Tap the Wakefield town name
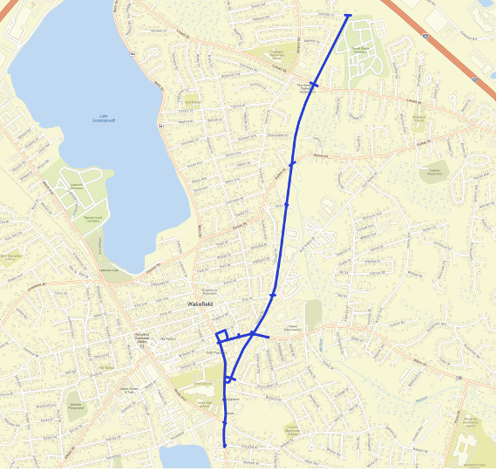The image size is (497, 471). [x=201, y=304]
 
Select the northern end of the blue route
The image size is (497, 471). [x=348, y=15]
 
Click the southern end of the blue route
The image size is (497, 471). [x=224, y=447]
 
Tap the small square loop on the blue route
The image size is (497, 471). [x=222, y=335]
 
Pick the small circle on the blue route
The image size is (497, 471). [x=228, y=379]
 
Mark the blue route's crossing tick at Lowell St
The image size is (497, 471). [x=314, y=85]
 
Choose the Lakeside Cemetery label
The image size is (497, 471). [x=76, y=185]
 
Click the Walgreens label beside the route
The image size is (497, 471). [x=233, y=399]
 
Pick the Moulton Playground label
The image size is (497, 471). [x=76, y=405]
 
